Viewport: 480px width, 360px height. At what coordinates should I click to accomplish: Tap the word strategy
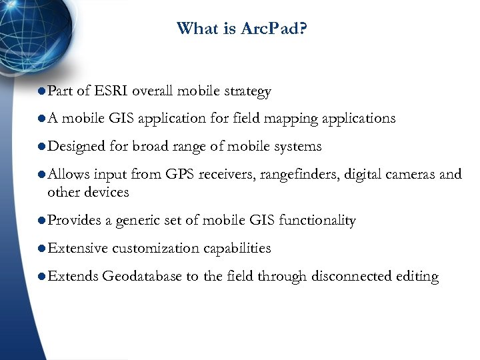point(248,92)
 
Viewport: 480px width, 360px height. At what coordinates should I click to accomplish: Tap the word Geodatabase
point(142,277)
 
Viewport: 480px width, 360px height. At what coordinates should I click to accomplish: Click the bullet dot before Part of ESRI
point(41,91)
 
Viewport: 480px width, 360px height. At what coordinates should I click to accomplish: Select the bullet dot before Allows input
point(41,175)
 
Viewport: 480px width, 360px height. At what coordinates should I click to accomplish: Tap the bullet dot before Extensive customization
point(41,249)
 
